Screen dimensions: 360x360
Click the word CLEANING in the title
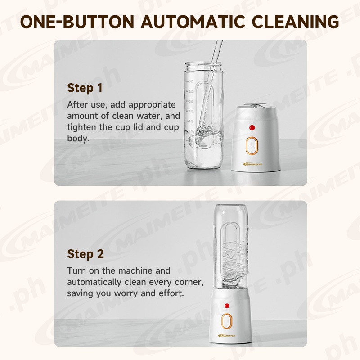(x=295, y=22)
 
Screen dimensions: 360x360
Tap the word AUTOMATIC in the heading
(x=193, y=22)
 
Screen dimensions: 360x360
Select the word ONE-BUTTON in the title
(x=77, y=22)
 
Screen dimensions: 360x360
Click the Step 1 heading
(x=85, y=88)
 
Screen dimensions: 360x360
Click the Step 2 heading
(x=85, y=254)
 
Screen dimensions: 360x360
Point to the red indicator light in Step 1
(x=252, y=127)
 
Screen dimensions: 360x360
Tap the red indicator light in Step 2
(x=227, y=306)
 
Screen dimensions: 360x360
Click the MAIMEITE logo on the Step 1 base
(x=252, y=164)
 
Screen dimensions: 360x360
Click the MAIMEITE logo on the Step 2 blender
(x=227, y=336)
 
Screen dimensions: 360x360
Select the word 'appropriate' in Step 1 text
(x=152, y=105)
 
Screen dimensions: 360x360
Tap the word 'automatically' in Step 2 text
(x=94, y=282)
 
